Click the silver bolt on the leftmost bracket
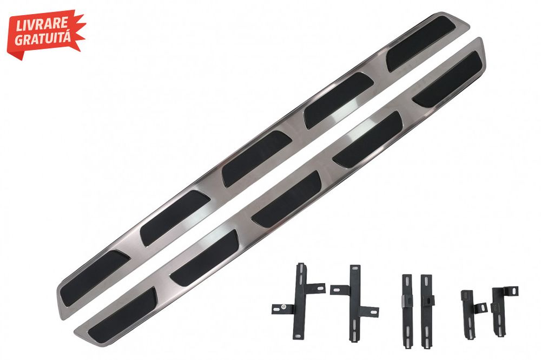[x=284, y=306]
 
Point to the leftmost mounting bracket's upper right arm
[x=315, y=288]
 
